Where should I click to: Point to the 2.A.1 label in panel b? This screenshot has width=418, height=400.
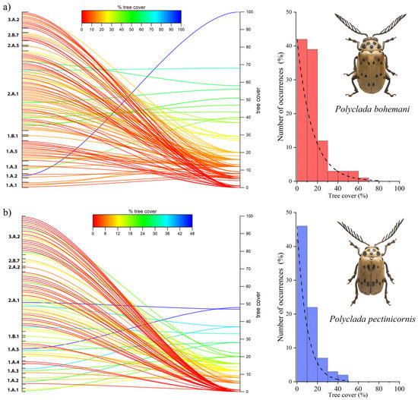coord(13,301)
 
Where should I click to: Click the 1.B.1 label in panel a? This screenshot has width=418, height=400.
coord(13,136)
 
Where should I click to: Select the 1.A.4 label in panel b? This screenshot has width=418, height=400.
coord(13,362)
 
